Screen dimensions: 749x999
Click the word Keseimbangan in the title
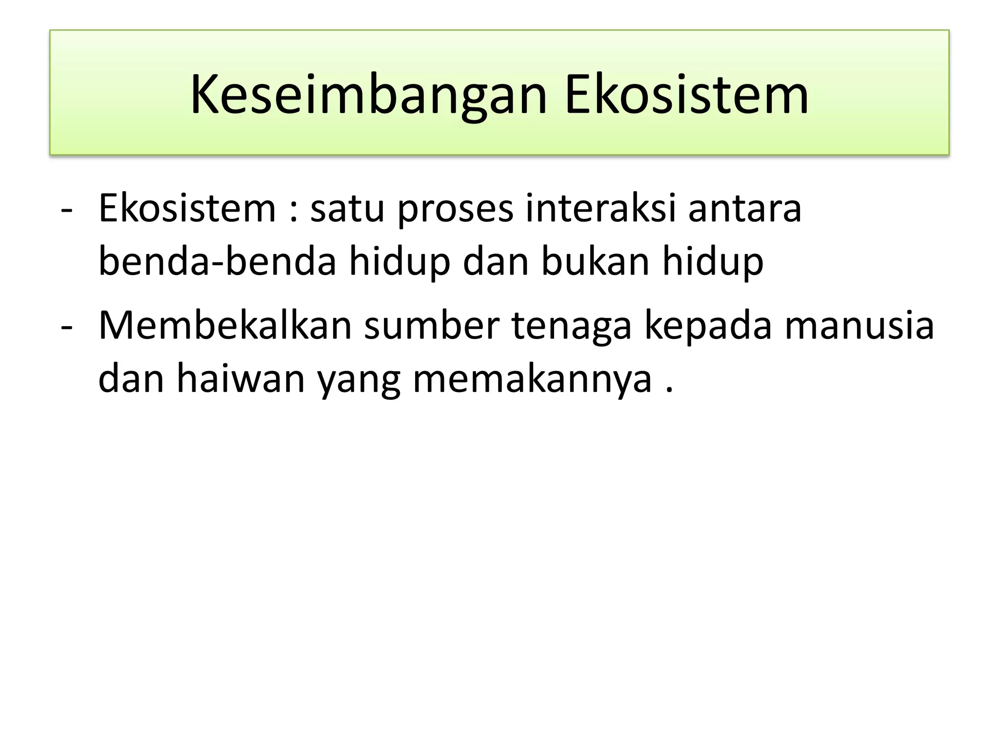(368, 96)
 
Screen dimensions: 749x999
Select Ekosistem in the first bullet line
(187, 209)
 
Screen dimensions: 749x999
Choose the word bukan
(595, 261)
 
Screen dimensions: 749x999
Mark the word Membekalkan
(225, 326)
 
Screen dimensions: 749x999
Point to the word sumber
(432, 326)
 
